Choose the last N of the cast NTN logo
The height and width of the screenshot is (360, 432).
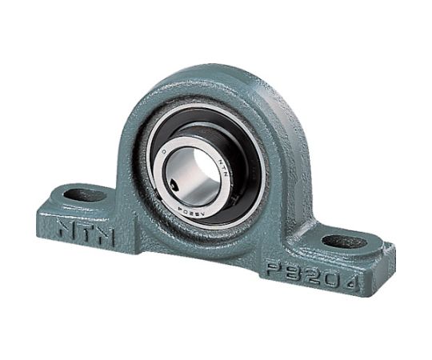coord(106,238)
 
